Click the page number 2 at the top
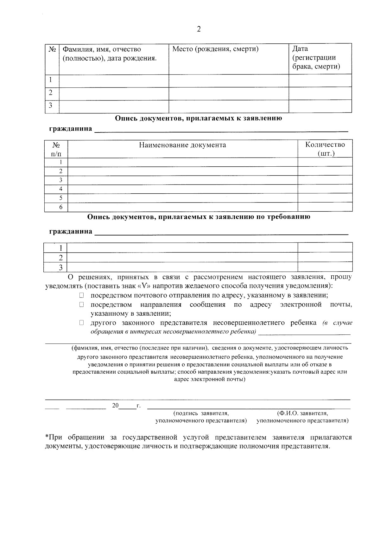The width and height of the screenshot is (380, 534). pos(199,29)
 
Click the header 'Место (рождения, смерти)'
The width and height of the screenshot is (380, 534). pos(215,49)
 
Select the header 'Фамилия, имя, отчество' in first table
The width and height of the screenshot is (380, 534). pos(102,49)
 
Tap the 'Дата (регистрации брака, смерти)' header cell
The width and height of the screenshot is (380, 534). pos(316,58)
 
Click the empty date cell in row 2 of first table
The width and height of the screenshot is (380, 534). pos(320,93)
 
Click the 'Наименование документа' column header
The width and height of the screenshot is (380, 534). pos(182,145)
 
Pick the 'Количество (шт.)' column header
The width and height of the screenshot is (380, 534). pos(325,149)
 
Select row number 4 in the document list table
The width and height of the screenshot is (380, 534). pos(61,189)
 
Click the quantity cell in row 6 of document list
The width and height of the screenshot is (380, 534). pos(325,207)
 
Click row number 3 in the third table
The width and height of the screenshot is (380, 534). pos(61,267)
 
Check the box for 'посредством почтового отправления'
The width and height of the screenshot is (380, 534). pos(81,295)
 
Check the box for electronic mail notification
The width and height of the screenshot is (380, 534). pos(81,305)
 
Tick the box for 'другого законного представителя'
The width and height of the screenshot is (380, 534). pos(81,323)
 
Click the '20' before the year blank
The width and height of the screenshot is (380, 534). pos(115,406)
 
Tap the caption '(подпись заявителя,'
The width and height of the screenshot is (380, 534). pos(201,414)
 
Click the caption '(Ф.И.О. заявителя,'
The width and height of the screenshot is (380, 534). pos(302,414)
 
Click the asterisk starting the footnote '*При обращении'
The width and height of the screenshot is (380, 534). pos(47,437)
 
